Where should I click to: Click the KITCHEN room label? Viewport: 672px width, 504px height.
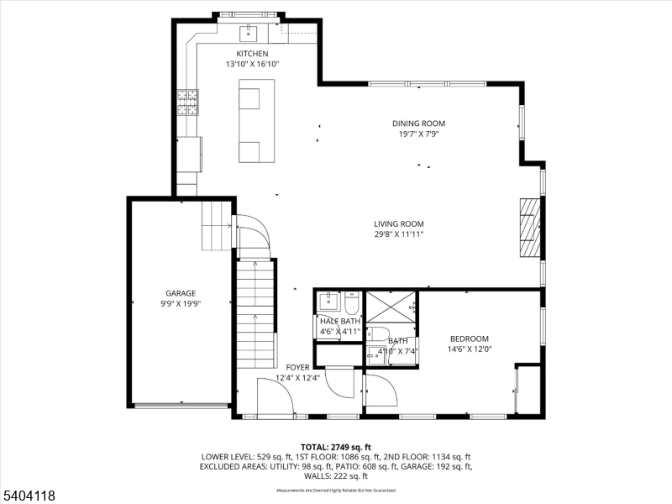252,54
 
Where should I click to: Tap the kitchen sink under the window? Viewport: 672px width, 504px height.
249,33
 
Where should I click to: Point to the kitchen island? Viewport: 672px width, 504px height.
256,121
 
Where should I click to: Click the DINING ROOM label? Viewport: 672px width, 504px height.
418,123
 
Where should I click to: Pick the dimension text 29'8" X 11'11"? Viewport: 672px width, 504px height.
399,234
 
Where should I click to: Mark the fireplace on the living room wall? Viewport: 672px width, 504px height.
528,228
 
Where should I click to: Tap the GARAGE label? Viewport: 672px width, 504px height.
180,293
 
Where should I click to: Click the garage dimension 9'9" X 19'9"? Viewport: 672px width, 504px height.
180,304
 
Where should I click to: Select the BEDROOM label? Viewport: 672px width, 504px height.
469,339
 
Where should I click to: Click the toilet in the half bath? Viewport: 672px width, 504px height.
352,300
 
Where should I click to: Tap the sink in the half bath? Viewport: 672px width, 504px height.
327,301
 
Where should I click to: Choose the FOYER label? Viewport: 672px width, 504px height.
297,367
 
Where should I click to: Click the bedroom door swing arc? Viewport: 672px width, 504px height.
381,391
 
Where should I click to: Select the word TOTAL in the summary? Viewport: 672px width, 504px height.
316,446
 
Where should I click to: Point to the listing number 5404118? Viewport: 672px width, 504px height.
29,496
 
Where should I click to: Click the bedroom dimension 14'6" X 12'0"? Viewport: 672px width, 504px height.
469,349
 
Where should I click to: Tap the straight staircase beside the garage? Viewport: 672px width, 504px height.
255,312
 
